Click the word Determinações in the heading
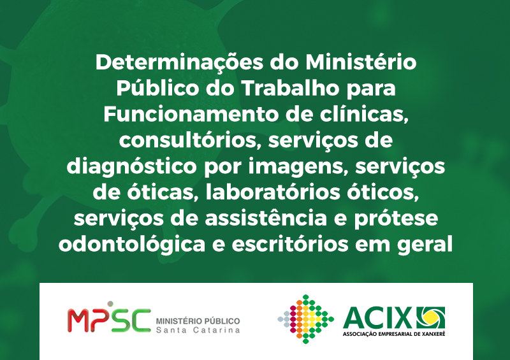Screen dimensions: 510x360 179,62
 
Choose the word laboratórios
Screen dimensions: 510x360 273,192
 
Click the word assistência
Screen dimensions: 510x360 266,218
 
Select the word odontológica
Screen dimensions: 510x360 132,245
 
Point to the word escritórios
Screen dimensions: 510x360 290,244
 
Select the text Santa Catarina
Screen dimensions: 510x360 198,330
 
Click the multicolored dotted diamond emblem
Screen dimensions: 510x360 305,319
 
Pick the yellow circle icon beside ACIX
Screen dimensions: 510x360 431,317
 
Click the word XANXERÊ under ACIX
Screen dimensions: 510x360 432,334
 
